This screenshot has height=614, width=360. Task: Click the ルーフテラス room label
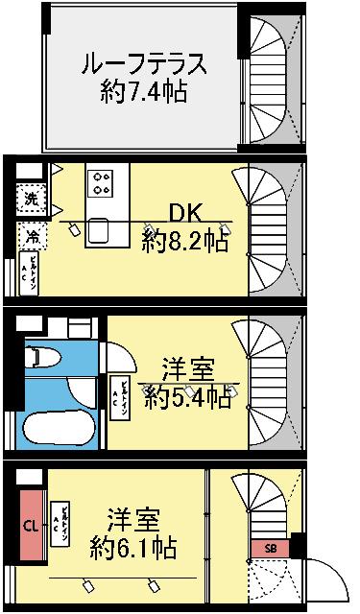coord(142,63)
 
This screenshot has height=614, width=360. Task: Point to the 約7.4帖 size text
coord(142,93)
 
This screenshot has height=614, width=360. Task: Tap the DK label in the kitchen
coord(185,211)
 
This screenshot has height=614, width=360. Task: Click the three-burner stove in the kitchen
coord(101,180)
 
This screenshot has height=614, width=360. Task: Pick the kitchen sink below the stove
coord(101,231)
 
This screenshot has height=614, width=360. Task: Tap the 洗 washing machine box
coord(31,201)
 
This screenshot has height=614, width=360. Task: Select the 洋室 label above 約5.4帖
coord(187,368)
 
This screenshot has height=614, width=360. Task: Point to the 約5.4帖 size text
coord(187,397)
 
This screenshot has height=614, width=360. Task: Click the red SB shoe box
coord(270,548)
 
